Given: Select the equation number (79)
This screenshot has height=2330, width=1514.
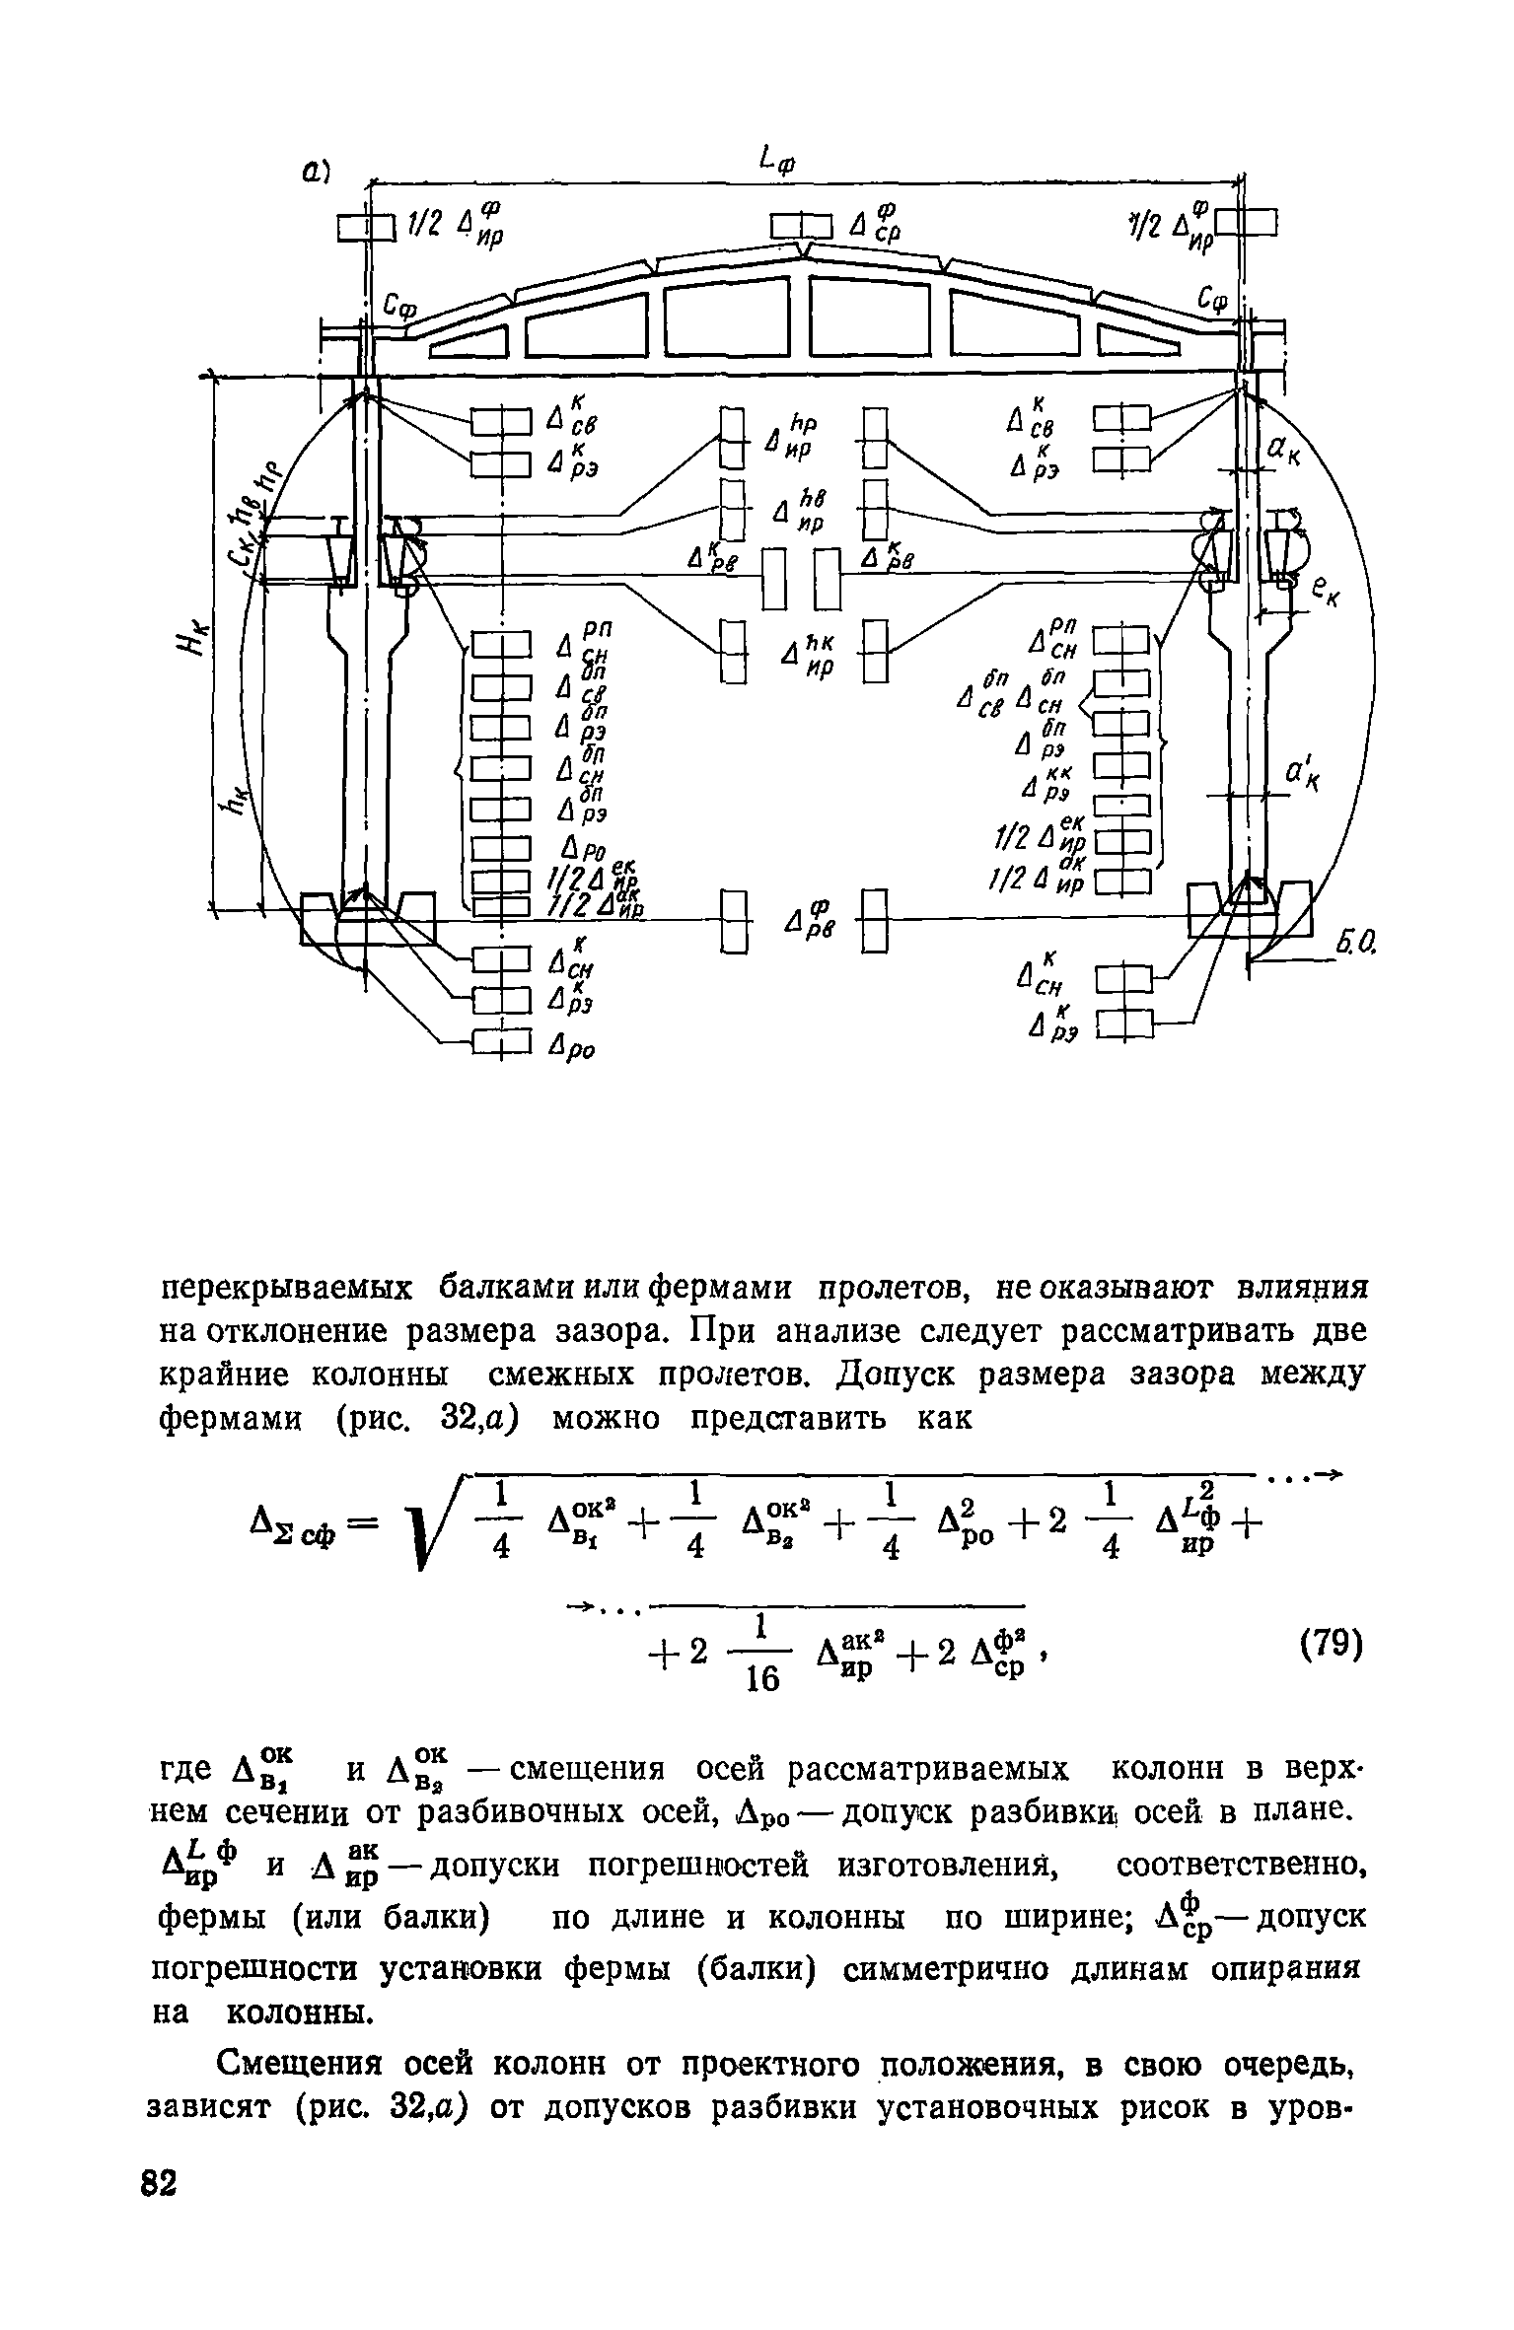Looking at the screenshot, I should (1330, 1646).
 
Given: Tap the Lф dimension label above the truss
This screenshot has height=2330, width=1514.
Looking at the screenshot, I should (778, 160).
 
